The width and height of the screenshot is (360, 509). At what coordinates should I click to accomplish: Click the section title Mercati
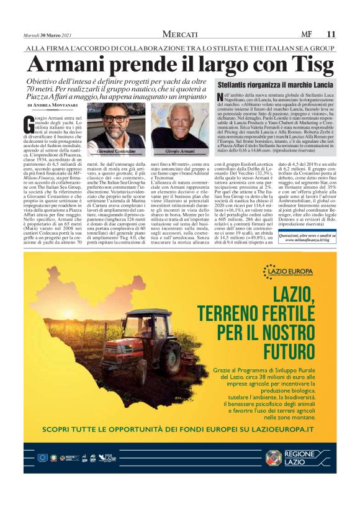180,34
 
